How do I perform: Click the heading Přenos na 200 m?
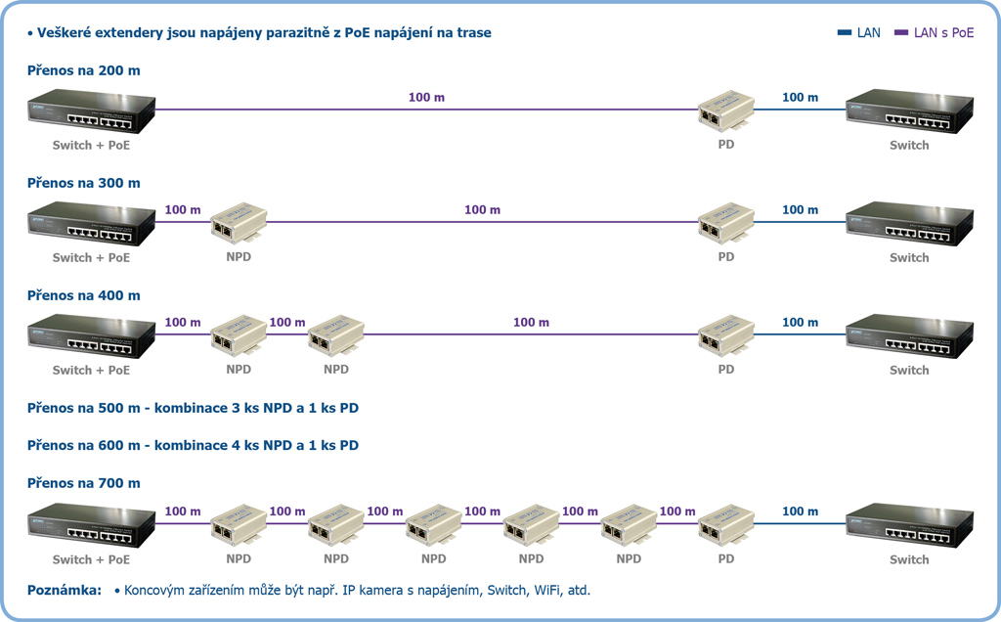(84, 70)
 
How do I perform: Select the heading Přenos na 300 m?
(84, 183)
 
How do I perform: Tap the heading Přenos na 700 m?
(84, 483)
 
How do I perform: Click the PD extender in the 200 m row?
(724, 112)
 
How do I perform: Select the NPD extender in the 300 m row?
(239, 224)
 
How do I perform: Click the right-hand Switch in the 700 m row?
(909, 526)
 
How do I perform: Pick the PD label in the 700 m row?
(725, 559)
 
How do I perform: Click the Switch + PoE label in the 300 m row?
(91, 257)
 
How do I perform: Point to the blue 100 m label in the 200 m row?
(800, 98)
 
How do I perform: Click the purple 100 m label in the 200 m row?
(426, 98)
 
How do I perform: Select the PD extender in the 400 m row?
(724, 336)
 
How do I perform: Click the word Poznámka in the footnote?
(65, 591)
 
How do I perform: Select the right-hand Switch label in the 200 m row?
(909, 145)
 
